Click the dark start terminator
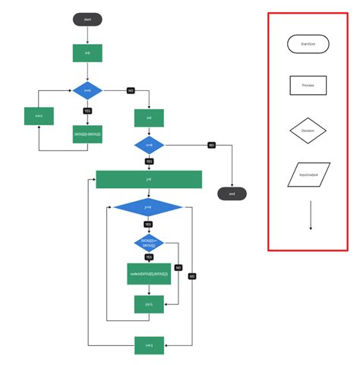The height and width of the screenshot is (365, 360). pos(87,19)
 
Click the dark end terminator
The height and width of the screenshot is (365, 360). pos(232,194)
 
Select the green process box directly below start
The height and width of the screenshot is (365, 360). pos(87,53)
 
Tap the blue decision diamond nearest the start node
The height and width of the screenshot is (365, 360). pos(87,91)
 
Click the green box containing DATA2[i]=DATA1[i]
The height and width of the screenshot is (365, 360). pos(87,134)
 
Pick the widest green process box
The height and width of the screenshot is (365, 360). pos(149,179)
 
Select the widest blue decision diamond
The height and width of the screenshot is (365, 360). pos(148,207)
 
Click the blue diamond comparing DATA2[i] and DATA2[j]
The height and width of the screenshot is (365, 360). pos(149,243)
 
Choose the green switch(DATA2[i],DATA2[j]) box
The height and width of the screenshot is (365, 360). pos(149,273)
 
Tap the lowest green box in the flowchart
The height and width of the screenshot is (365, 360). pos(149,345)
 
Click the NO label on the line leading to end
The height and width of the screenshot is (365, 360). pos(212,144)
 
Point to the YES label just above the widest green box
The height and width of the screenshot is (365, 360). pos(149,161)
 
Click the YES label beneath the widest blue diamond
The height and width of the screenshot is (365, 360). pos(149,225)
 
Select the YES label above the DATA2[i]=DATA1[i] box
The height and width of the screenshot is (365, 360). pos(87,111)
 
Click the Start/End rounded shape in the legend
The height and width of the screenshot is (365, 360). pos(308,44)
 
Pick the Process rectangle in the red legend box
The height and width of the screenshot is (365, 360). pos(308,85)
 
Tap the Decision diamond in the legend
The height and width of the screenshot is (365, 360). pos(308,131)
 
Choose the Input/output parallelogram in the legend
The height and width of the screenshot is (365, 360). pos(308,175)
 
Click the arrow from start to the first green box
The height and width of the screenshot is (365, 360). pos(87,35)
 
